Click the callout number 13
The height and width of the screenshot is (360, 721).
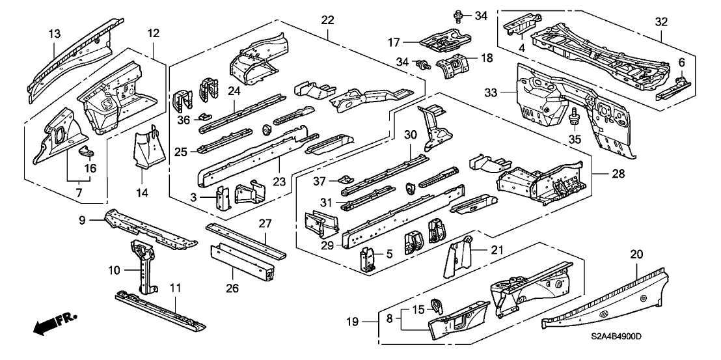tap(55, 34)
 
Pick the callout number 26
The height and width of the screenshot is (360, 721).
tap(233, 287)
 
